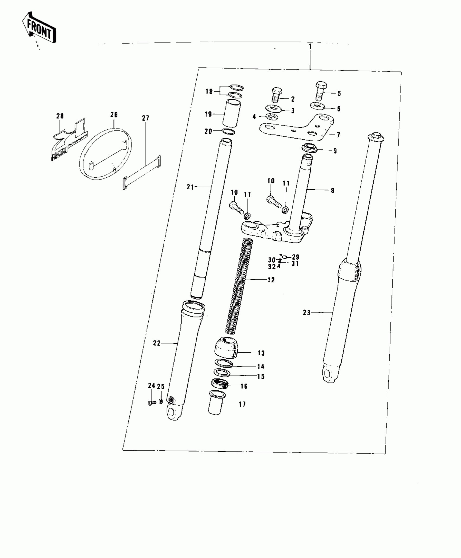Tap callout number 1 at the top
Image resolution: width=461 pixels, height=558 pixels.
[310, 46]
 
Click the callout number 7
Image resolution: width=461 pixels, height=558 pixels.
[338, 135]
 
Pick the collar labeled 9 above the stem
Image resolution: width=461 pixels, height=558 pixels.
[310, 148]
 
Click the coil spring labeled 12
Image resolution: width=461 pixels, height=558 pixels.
[239, 285]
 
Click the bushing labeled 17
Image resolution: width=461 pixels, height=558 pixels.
[216, 406]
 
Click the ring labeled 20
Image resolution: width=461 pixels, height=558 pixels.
[228, 132]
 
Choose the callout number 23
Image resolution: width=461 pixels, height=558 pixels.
[306, 313]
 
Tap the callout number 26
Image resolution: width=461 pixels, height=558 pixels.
[114, 115]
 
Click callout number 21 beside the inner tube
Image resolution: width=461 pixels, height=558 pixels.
[190, 187]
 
